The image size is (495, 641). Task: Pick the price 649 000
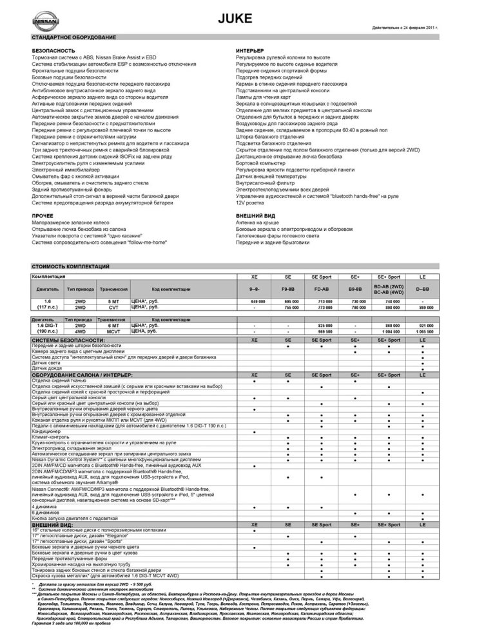coord(257,301)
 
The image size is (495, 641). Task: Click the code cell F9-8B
coord(290,290)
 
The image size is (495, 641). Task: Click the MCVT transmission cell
coord(113,333)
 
